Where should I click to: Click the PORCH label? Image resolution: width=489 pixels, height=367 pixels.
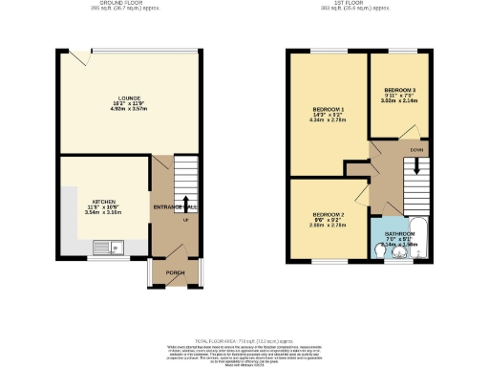pos(175,272)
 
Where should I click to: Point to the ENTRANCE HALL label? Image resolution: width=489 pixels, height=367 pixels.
pos(176,207)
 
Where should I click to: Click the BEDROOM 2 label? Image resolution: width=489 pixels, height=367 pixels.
pos(328,214)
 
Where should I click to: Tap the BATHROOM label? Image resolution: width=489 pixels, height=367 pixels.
pos(399,233)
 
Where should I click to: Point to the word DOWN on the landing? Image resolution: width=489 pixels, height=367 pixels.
pos(417,150)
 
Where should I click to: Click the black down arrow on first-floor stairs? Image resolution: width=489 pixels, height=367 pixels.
pos(415,168)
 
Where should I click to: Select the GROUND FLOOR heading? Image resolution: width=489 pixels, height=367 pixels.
pos(128,3)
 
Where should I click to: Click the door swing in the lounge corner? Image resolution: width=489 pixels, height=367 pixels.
pos(84,59)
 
